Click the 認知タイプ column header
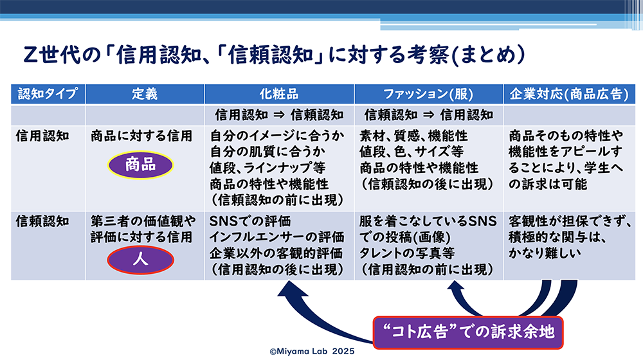tap(48, 94)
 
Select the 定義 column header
tap(145, 94)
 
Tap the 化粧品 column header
tap(279, 94)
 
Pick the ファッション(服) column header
tap(428, 94)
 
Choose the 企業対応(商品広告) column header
tap(569, 94)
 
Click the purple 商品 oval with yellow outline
tap(141, 165)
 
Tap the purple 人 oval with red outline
tap(141, 260)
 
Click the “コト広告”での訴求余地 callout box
tap(468, 332)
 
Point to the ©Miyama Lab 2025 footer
tap(312, 352)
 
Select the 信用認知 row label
tap(42, 136)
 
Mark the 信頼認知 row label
tap(42, 221)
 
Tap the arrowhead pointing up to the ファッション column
tap(455, 286)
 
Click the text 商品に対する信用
tap(141, 136)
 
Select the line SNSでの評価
tap(250, 221)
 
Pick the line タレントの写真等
tap(407, 253)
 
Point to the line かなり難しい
tap(545, 253)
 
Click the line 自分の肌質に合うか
tap(267, 152)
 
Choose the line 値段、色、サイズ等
tap(412, 152)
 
